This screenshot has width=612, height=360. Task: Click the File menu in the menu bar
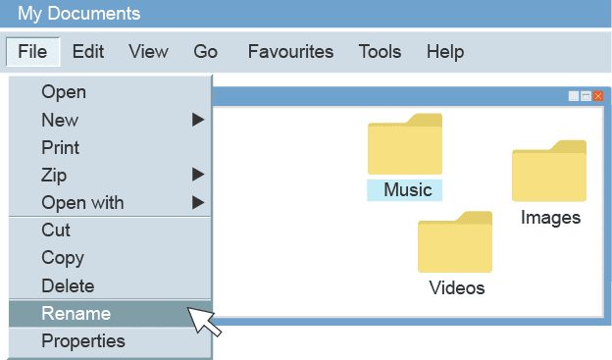(x=32, y=52)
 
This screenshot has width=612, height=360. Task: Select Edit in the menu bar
(x=88, y=52)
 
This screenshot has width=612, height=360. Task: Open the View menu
(x=148, y=52)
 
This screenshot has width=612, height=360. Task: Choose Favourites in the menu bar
(x=290, y=52)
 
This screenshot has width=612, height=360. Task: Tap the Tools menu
(x=380, y=52)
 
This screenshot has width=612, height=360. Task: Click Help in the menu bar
(x=445, y=52)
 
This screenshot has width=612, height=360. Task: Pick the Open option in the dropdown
(x=64, y=92)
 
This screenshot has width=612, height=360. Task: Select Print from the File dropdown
(x=61, y=148)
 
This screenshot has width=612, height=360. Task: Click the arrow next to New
(x=198, y=120)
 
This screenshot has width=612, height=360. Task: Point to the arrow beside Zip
(x=198, y=176)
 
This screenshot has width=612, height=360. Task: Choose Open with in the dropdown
(x=82, y=203)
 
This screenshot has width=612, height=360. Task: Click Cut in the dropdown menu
(x=56, y=231)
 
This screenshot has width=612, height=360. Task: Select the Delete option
(x=68, y=286)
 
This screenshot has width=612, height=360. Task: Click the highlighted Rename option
(x=76, y=314)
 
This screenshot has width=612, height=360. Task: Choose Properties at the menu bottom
(x=83, y=341)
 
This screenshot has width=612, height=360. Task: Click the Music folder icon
(x=405, y=145)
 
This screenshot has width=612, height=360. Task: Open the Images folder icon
(x=549, y=173)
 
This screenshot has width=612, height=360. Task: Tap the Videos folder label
(x=457, y=288)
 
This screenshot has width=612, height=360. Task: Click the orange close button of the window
(x=598, y=96)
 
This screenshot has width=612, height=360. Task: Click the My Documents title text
(x=78, y=14)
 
